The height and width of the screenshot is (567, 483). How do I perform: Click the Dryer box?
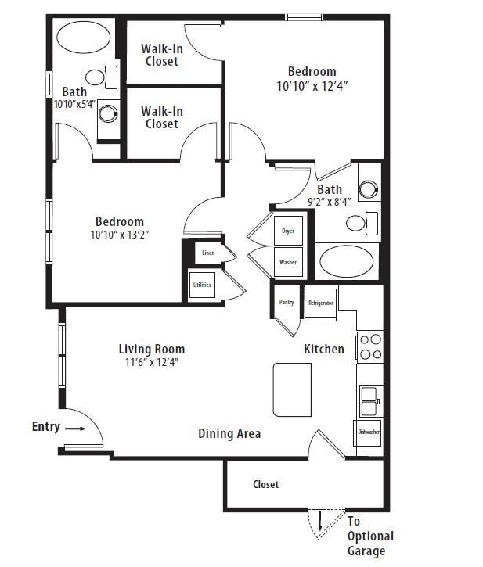(x=288, y=231)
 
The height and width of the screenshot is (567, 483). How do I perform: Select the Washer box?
(x=288, y=262)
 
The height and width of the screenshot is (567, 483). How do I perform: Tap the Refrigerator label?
(x=320, y=303)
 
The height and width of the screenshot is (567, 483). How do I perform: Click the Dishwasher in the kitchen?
(x=369, y=432)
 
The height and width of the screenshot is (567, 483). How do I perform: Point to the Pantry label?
(x=287, y=302)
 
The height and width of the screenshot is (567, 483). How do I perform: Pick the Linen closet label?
(x=207, y=253)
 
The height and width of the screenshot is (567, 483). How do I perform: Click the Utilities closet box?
(x=202, y=285)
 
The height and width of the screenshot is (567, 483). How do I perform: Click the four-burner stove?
(x=369, y=346)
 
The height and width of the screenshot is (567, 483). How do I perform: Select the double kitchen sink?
(x=369, y=401)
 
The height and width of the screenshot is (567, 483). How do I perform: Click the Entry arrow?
(x=75, y=429)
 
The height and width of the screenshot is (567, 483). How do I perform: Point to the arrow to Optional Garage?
(x=320, y=521)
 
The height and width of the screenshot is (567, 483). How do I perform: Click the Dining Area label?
(x=229, y=433)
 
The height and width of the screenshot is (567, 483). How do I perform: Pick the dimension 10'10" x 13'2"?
(x=120, y=234)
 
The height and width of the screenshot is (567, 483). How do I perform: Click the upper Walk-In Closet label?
(x=161, y=55)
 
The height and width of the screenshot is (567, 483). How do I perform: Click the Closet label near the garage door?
(x=265, y=484)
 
